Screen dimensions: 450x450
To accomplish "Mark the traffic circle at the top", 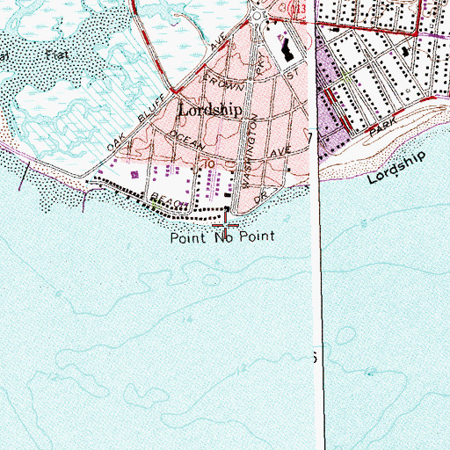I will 258,15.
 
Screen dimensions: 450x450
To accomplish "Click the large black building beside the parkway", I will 288,49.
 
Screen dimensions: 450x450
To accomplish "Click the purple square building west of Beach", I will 134,175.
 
